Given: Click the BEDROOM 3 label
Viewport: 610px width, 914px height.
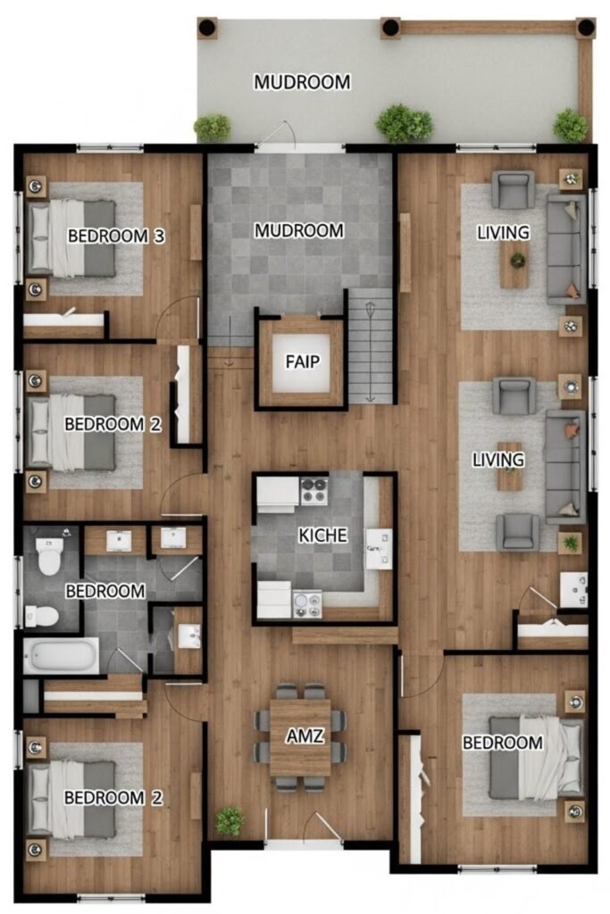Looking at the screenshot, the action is click(116, 236).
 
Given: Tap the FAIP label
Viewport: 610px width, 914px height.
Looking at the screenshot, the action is click(303, 362).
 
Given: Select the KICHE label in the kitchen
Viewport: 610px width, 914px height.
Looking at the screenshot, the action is click(322, 536).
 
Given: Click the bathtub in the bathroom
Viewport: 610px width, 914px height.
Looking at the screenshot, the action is click(62, 655).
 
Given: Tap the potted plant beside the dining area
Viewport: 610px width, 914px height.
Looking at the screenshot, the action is click(230, 821).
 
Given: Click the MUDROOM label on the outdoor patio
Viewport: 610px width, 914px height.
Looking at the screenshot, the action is click(302, 82).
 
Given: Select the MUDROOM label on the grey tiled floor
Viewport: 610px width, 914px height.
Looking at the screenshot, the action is click(298, 231).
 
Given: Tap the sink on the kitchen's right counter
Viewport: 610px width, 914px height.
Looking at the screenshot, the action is click(379, 549).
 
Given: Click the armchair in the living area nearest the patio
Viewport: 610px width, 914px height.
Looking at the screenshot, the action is click(514, 189).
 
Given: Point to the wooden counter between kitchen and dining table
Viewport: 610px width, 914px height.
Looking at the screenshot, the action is click(345, 635).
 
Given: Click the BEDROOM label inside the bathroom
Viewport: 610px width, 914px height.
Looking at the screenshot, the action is click(105, 591).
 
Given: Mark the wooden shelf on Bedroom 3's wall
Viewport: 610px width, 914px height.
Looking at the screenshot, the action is click(196, 233).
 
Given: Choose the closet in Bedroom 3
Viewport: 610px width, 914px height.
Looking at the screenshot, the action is click(65, 323).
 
